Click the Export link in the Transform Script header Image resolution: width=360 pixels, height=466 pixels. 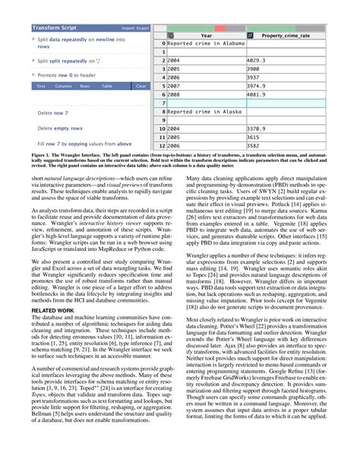tap(142, 27)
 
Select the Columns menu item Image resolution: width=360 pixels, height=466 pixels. tap(63, 87)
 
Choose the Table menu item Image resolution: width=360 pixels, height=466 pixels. tap(107, 87)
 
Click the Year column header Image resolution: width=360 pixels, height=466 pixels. tap(206, 36)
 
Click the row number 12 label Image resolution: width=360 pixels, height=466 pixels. tap(161, 146)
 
